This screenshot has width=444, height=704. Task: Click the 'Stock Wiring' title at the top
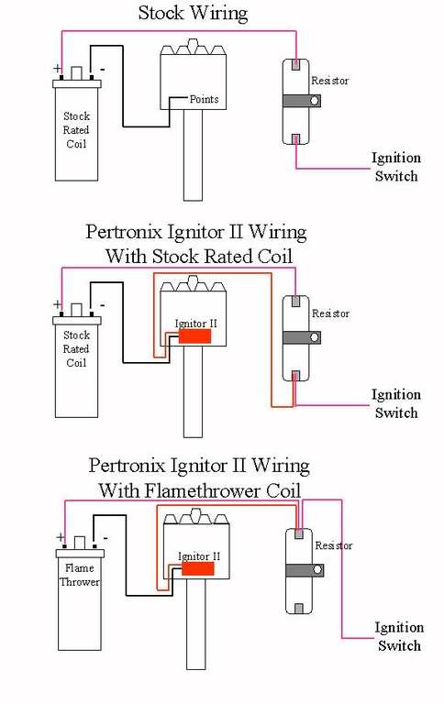point(193,13)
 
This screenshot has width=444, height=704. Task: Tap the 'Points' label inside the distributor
point(204,99)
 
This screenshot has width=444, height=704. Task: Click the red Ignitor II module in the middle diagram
point(195,336)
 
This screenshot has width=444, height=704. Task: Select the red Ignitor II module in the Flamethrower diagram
point(198,569)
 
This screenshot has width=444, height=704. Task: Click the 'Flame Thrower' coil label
point(80,575)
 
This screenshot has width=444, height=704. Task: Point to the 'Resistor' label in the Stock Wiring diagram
point(330,81)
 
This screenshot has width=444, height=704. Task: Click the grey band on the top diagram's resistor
point(302,101)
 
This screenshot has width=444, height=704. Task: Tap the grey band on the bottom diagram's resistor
point(305,571)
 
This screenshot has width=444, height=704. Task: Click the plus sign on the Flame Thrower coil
point(60,537)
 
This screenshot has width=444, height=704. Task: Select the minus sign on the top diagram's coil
point(103,70)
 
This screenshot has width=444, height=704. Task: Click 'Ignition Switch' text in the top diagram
point(396,167)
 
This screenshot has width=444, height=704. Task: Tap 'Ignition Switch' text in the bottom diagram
point(399,637)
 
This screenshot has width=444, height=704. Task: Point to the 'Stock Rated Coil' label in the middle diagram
point(76,349)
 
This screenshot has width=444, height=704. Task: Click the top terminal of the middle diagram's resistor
point(295,301)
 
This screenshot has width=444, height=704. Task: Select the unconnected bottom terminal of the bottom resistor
point(299,609)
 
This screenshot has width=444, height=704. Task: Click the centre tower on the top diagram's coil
point(77,73)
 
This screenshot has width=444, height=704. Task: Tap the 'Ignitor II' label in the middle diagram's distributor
point(196,324)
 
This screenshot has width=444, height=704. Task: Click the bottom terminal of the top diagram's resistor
point(295,138)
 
